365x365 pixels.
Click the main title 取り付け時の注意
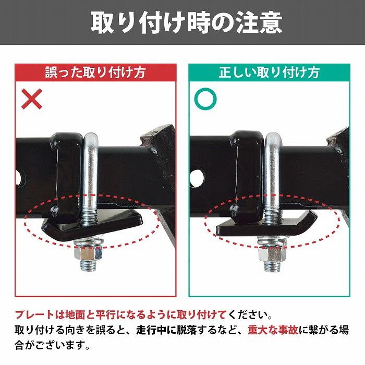click(182, 23)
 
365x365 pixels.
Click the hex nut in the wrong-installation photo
click(87, 254)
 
